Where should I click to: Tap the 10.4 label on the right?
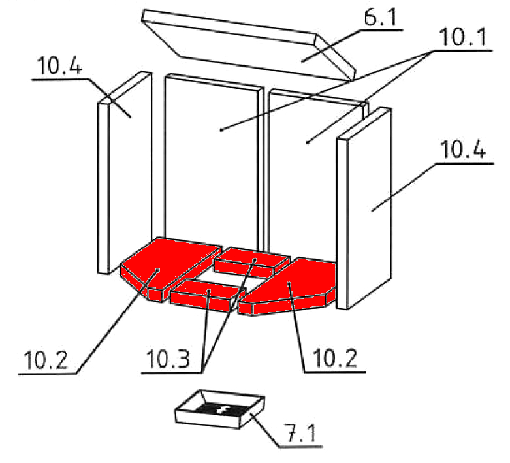(x=462, y=152)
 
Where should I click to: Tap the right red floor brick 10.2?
(x=294, y=287)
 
